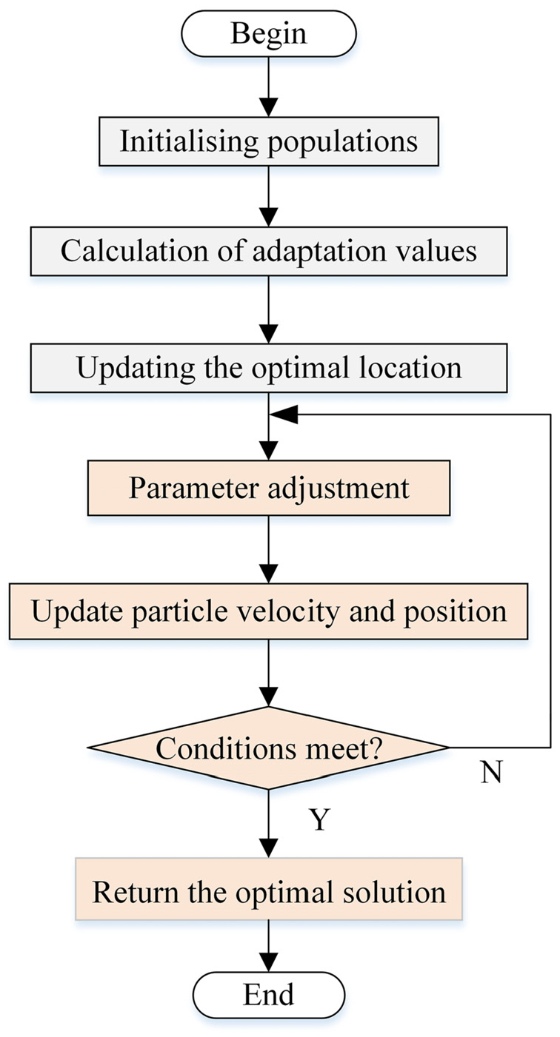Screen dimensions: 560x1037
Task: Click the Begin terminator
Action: [x=269, y=34]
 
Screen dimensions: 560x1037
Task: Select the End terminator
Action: [x=269, y=994]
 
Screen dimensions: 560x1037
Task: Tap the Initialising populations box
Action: [x=269, y=141]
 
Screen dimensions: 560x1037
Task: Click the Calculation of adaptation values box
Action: [x=269, y=252]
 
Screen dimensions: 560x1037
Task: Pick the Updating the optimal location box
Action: [x=269, y=368]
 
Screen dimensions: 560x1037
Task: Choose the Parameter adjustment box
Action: [x=269, y=488]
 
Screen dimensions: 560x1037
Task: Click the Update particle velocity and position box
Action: [x=269, y=611]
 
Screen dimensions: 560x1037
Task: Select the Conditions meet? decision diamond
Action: [x=269, y=748]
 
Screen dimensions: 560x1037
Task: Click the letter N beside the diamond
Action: [x=491, y=772]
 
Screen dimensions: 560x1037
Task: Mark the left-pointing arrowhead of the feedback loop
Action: [x=284, y=415]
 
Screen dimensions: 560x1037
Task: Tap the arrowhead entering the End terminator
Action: [x=269, y=962]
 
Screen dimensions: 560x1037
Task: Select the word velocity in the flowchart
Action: [x=288, y=612]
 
